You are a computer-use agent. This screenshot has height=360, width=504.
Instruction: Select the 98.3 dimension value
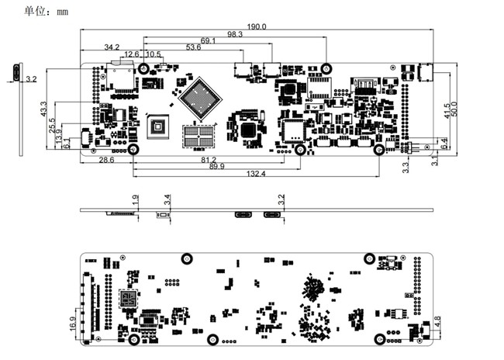pyautogui.click(x=235, y=33)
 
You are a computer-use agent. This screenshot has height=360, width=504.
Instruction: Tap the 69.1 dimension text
pyautogui.click(x=209, y=40)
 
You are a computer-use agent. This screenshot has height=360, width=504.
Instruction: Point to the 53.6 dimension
pyautogui.click(x=194, y=47)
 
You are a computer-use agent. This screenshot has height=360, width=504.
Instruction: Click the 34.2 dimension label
pyautogui.click(x=112, y=47)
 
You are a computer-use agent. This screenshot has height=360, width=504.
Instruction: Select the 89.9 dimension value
pyautogui.click(x=217, y=167)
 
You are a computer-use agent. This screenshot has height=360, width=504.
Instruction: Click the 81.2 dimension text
pyautogui.click(x=208, y=160)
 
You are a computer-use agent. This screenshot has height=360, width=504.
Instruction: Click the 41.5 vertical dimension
pyautogui.click(x=447, y=109)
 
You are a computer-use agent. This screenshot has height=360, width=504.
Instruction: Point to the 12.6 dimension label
pyautogui.click(x=132, y=54)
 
